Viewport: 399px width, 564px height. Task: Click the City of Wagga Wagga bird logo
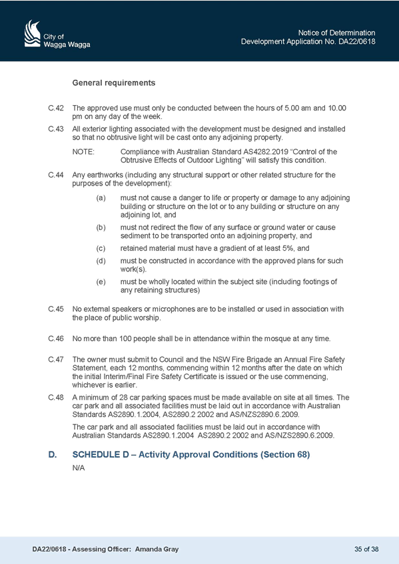click(33, 33)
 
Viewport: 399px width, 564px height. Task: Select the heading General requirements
click(114, 82)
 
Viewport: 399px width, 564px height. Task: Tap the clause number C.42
click(56, 108)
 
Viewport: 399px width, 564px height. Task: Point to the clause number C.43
click(56, 129)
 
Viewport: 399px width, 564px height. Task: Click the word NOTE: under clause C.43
click(83, 152)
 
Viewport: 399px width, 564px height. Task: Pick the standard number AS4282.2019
click(258, 152)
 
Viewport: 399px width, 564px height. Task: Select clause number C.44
click(56, 175)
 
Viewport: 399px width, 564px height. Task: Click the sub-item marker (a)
click(101, 198)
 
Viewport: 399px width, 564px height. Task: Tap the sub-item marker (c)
click(101, 248)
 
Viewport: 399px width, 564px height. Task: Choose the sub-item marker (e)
click(101, 281)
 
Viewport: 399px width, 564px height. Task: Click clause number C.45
click(56, 309)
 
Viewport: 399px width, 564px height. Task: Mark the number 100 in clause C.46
click(125, 339)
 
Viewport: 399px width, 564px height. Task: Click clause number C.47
click(56, 359)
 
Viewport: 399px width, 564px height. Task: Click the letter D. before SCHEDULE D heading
click(53, 455)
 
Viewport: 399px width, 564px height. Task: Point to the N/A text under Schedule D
click(79, 468)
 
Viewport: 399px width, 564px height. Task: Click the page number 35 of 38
click(366, 549)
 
